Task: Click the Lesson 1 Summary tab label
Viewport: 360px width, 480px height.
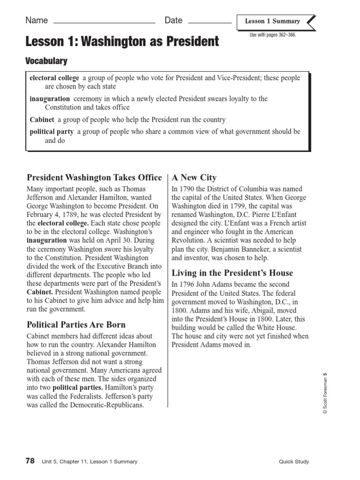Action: [272, 21]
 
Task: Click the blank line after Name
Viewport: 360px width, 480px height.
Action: [105, 22]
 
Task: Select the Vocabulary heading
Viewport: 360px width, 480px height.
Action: [46, 61]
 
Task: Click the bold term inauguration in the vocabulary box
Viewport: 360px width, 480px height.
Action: [50, 99]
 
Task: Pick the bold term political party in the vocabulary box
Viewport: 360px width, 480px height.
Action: [52, 132]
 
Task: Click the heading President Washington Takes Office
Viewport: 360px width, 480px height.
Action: [94, 177]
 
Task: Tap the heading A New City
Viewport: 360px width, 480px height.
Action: [194, 177]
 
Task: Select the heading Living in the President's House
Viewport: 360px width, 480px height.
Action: [232, 273]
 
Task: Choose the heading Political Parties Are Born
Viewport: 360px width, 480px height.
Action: [76, 324]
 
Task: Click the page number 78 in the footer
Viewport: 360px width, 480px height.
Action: [30, 461]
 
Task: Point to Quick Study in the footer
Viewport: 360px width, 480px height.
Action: [293, 462]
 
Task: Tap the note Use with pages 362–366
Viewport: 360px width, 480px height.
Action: [273, 35]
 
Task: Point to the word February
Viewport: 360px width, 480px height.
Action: [41, 215]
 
